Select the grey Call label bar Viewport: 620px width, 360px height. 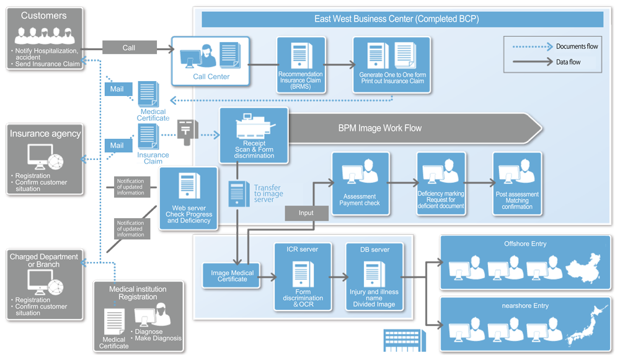click(129, 48)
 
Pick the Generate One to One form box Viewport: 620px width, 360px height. click(392, 65)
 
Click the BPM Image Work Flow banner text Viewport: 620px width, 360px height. click(379, 128)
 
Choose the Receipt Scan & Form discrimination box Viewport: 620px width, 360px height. click(254, 136)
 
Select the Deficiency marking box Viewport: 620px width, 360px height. click(440, 183)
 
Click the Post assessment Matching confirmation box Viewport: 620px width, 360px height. click(517, 183)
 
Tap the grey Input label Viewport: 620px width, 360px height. click(306, 213)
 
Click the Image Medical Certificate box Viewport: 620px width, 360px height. click(232, 275)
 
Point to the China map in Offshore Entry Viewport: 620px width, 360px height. click(583, 266)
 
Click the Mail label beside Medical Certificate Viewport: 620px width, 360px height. click(117, 89)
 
